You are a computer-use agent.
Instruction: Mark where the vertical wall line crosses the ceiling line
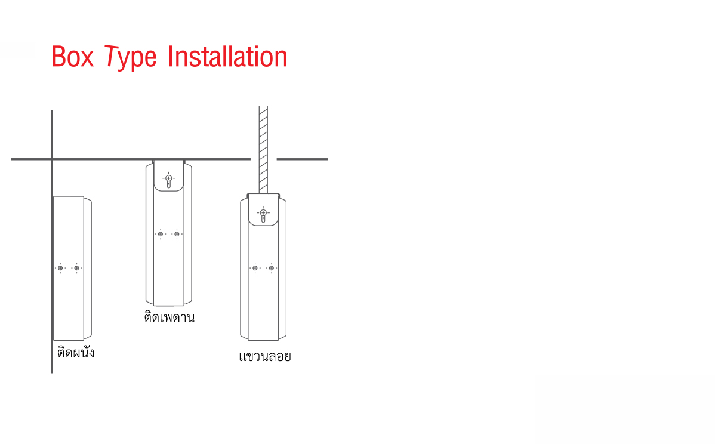click(x=52, y=159)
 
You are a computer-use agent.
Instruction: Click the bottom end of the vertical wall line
click(x=52, y=373)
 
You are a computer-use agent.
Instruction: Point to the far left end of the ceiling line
click(x=11, y=159)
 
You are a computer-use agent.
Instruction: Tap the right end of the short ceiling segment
click(x=328, y=159)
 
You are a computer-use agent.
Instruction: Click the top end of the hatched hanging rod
click(x=263, y=107)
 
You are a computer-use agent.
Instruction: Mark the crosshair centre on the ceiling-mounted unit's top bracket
click(x=169, y=178)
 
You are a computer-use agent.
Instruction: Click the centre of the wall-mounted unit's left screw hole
click(x=60, y=268)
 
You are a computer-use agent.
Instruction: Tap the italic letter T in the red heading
click(x=111, y=57)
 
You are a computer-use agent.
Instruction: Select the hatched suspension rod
click(x=263, y=150)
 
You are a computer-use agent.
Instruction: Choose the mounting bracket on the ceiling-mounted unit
click(x=169, y=175)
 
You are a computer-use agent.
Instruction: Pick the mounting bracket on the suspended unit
click(x=263, y=209)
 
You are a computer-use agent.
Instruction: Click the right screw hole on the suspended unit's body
click(x=272, y=268)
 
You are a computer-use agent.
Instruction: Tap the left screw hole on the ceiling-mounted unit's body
click(x=161, y=234)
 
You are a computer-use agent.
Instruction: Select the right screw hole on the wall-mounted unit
click(x=76, y=268)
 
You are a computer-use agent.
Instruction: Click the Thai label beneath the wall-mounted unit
click(x=76, y=352)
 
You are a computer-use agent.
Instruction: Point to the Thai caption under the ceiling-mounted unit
click(x=169, y=317)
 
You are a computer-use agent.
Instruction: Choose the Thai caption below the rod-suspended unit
click(x=265, y=356)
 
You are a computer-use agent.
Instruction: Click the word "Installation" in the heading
click(x=227, y=57)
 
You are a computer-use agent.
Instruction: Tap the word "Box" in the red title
click(x=72, y=57)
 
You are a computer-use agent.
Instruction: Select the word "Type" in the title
click(x=131, y=58)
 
